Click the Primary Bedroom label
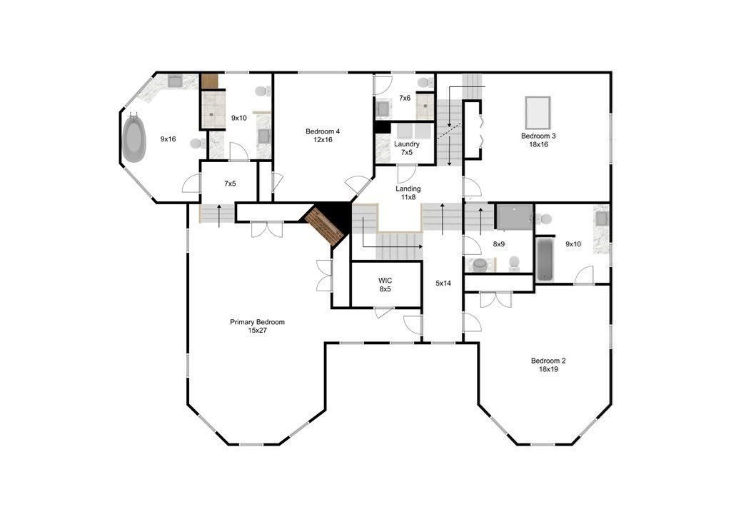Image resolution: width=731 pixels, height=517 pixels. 257,326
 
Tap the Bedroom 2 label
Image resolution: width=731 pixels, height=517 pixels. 548,365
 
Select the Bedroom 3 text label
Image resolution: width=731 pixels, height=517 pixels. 538,140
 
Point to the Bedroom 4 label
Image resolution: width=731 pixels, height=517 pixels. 323,135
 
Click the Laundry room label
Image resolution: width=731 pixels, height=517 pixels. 406,148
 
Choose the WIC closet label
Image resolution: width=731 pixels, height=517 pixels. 385,284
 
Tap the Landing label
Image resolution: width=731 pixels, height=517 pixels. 408,193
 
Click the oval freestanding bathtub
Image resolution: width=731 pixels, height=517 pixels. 133,139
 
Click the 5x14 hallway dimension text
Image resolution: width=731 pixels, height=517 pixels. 443,283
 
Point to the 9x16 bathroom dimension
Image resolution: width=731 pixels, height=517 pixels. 168,139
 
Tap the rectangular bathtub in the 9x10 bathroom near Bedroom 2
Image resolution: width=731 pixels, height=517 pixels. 544,260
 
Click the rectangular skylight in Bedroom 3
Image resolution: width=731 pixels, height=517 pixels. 538,113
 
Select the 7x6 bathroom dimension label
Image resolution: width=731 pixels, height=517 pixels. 405,98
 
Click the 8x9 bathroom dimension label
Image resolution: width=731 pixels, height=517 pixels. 499,244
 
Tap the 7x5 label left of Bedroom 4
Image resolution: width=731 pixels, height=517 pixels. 230,184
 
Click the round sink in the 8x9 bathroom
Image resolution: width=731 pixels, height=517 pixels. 479,265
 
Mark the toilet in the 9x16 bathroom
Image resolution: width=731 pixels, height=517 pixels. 198,144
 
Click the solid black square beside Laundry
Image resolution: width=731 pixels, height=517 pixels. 383,127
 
